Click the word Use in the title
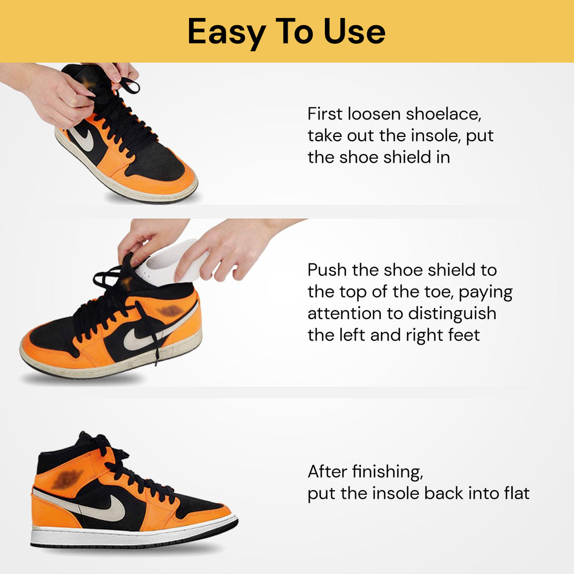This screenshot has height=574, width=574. [355, 32]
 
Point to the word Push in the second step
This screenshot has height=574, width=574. [327, 270]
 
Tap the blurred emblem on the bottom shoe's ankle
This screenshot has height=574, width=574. [67, 480]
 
